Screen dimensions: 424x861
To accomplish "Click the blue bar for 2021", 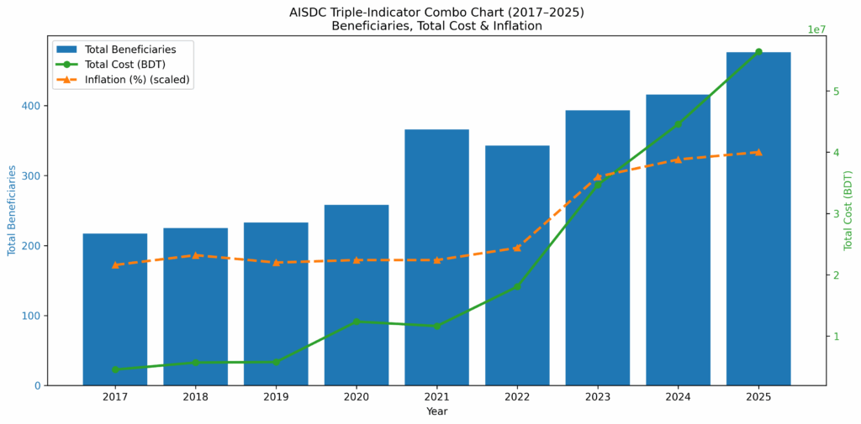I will click(x=436, y=257).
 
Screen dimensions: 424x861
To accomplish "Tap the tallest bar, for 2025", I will click(x=758, y=218).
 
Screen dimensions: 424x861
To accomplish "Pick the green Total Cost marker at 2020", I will click(x=357, y=322).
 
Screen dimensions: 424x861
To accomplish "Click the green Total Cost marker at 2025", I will click(x=758, y=52).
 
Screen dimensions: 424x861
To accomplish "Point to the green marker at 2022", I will click(x=517, y=286).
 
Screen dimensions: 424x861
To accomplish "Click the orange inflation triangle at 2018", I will click(x=195, y=254).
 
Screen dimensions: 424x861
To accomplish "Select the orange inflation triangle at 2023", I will click(x=598, y=177).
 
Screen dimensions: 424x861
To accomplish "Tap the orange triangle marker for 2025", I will click(x=758, y=152).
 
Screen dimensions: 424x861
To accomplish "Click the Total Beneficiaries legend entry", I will click(x=130, y=50).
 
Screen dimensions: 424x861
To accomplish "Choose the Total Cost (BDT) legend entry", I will click(x=124, y=65).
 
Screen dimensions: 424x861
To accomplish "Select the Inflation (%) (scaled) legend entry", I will click(x=137, y=80).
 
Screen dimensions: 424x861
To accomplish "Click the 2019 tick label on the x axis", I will click(x=276, y=396).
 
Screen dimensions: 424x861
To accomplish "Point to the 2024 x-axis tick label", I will click(x=678, y=396).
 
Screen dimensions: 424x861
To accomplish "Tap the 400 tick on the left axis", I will click(x=29, y=106).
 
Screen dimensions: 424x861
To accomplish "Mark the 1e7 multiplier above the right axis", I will click(x=816, y=29).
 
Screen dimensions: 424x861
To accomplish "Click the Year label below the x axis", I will click(x=436, y=411).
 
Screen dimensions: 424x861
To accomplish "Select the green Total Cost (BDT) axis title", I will click(x=848, y=211).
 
